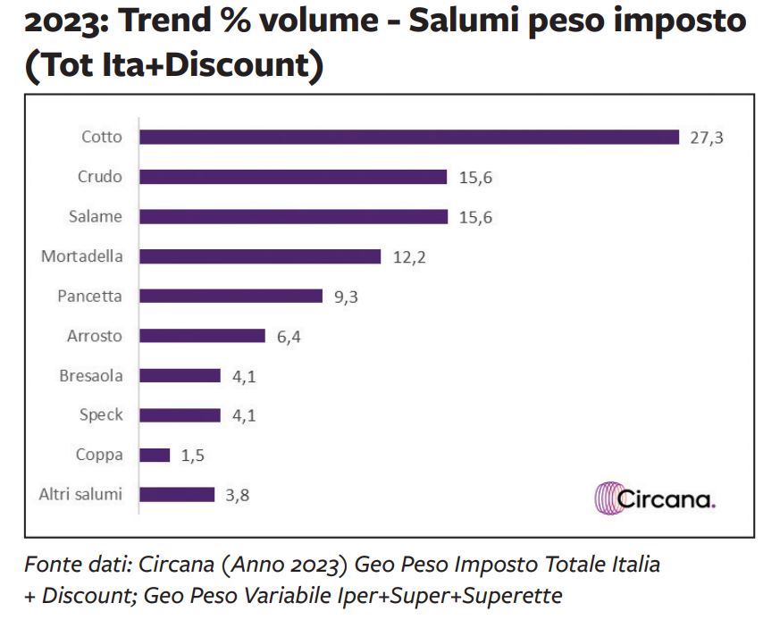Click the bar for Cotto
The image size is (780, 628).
coord(409,137)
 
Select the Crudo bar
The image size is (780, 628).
coord(293,177)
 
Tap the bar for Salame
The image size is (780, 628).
coord(293,217)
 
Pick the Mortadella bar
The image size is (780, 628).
coord(260,256)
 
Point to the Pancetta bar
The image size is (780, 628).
coord(231,296)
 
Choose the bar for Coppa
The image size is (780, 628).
coord(155,455)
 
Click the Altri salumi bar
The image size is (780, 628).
coord(177,494)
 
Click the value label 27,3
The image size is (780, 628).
coord(706,138)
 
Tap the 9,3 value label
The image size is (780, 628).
coord(346,297)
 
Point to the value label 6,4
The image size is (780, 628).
coord(289,337)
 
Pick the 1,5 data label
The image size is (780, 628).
coord(193,456)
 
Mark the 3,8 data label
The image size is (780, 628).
coord(237,495)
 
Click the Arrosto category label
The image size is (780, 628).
coord(95,336)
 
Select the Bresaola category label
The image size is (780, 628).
coord(91,375)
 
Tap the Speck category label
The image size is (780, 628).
coord(101,415)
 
